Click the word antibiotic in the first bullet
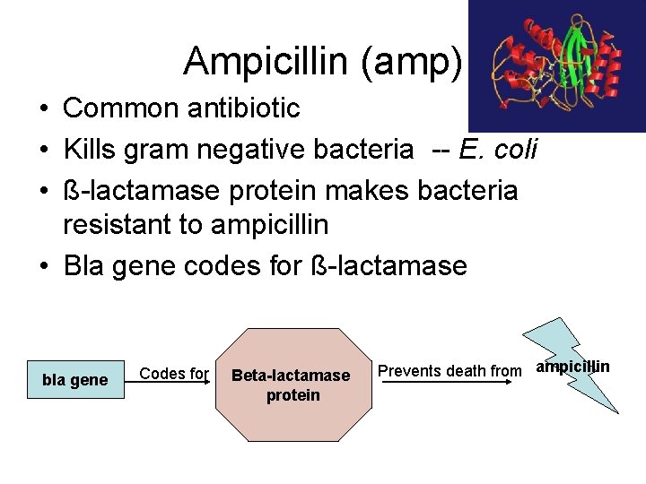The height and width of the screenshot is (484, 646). tap(245, 108)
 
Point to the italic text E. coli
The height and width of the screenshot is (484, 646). tap(498, 150)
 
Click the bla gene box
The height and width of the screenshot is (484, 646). tap(75, 380)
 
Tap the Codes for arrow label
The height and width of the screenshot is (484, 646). tap(175, 374)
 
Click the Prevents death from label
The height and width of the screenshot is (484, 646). tap(450, 370)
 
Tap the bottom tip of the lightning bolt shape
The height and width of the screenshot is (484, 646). tap(616, 411)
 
